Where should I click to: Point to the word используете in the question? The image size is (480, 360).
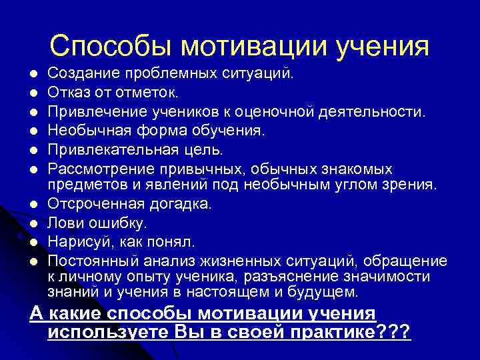[110, 331]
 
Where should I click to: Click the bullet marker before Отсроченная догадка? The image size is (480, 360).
[34, 203]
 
